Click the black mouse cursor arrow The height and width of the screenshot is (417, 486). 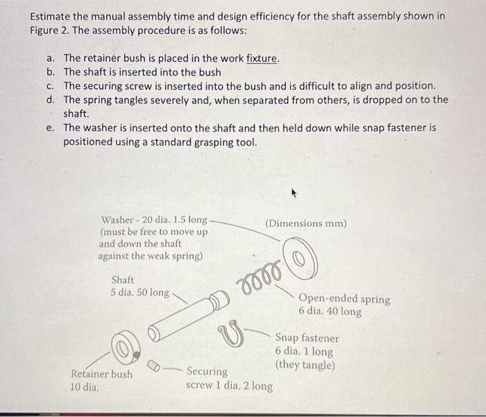coord(296,196)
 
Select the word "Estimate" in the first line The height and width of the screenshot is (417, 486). coord(51,16)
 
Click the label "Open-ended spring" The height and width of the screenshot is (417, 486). coord(344,299)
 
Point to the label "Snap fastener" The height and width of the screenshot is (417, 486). coord(307,339)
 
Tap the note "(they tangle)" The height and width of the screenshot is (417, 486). coord(305,364)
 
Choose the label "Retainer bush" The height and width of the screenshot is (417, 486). coord(102,374)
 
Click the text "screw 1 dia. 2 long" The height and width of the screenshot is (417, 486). coord(229,386)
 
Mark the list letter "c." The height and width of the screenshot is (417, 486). coord(51,86)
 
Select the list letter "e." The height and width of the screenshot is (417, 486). coord(51,128)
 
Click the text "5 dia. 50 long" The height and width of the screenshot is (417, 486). coord(140,293)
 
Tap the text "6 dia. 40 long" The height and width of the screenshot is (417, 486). coord(330,312)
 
